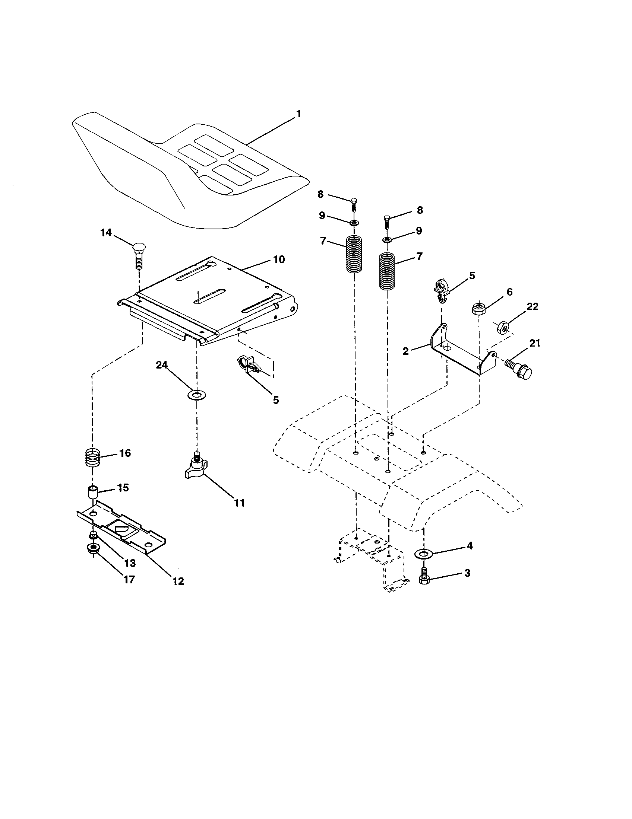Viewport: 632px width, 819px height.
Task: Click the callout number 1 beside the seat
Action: pos(298,114)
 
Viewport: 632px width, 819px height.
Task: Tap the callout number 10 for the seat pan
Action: pos(278,259)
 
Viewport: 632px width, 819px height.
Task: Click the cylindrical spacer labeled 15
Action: pos(92,493)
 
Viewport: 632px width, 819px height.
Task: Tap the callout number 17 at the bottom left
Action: pos(129,579)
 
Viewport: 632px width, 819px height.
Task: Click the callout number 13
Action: pos(130,563)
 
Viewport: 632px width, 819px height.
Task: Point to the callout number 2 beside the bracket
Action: pos(405,351)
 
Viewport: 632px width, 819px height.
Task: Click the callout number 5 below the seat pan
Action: pos(276,400)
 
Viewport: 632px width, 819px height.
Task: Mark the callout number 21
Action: pos(534,343)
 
